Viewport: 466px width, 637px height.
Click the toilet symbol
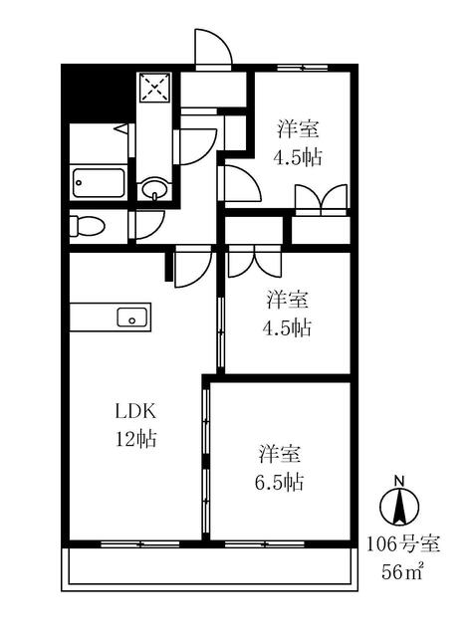(87, 226)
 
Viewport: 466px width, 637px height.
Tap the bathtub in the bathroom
(99, 183)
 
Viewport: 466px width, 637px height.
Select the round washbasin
(154, 188)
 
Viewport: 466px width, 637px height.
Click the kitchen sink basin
(132, 318)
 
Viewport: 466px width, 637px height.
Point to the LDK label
(135, 411)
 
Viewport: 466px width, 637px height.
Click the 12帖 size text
(136, 439)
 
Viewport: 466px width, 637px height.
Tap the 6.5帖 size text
(279, 482)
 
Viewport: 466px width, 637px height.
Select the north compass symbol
(399, 507)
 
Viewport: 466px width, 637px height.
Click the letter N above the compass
(399, 481)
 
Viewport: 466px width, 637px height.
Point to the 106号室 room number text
(403, 544)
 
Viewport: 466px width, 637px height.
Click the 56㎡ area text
(402, 572)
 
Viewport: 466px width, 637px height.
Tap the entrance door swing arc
(213, 47)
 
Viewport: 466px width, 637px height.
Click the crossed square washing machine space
(154, 88)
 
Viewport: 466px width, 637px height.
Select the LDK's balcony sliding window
(140, 544)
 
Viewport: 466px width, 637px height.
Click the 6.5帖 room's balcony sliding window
(265, 544)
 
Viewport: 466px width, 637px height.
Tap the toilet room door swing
(149, 226)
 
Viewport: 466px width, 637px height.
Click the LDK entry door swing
(193, 267)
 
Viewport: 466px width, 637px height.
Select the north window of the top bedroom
(303, 68)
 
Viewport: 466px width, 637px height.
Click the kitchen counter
(111, 318)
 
